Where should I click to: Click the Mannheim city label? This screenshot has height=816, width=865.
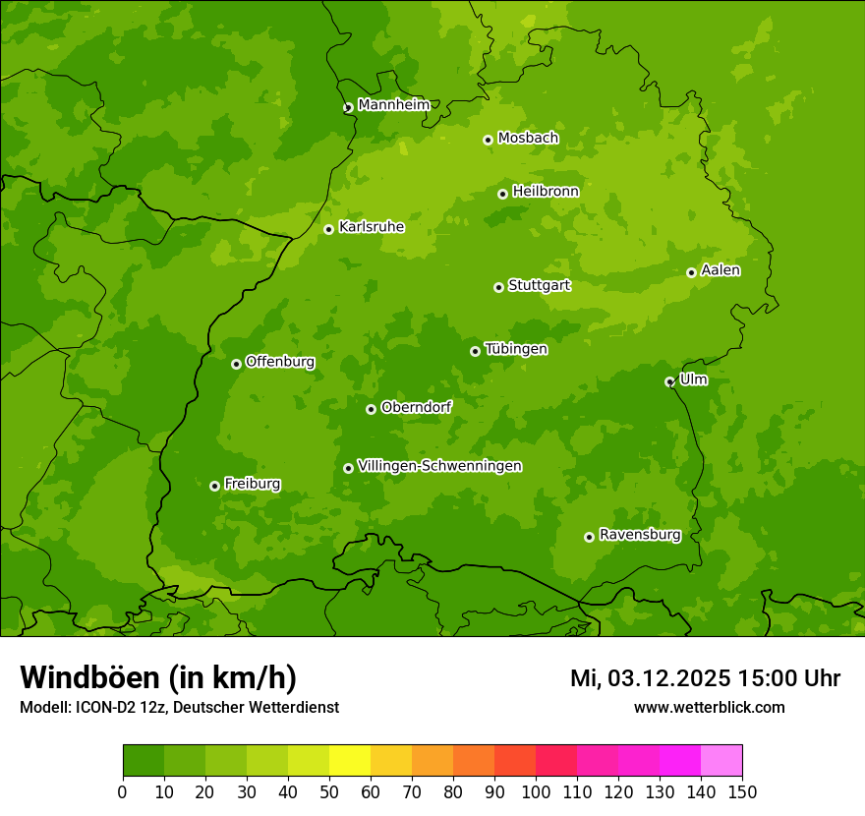click(393, 104)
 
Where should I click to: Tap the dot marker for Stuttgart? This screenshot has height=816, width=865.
click(498, 287)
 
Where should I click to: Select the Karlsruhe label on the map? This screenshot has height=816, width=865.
click(371, 227)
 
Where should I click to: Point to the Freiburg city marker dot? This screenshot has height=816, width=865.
click(214, 486)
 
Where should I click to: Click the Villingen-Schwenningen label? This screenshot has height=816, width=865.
click(439, 466)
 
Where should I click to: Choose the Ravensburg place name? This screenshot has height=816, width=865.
click(639, 535)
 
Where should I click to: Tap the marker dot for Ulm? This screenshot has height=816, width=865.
click(669, 381)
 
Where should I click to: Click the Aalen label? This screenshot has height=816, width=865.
click(721, 270)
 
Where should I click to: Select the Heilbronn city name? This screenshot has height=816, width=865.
click(546, 192)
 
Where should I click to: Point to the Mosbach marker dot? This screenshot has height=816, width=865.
click(488, 140)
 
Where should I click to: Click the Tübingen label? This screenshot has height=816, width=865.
click(516, 349)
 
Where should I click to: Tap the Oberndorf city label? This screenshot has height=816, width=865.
click(416, 407)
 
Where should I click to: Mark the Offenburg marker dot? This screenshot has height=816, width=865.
click(236, 364)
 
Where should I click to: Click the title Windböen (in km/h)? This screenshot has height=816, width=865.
click(157, 677)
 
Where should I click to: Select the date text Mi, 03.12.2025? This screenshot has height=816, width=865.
click(649, 678)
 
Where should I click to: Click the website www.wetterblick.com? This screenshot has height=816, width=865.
click(709, 707)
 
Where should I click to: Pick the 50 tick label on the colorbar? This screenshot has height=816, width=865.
click(329, 791)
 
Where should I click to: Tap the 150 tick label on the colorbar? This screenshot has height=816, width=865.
click(742, 791)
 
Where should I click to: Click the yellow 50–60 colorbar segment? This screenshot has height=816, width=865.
click(350, 760)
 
